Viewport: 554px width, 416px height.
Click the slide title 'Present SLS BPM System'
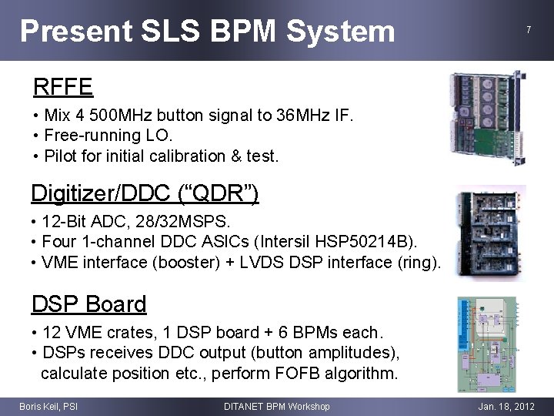207,31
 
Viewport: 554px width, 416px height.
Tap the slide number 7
528,30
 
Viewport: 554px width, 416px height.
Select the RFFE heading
62,86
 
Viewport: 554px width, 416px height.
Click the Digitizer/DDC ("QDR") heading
145,193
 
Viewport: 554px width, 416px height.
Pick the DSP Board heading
88,304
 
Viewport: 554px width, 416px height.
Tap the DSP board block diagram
490,344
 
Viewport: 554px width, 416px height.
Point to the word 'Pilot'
62,156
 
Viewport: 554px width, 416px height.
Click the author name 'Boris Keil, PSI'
48,406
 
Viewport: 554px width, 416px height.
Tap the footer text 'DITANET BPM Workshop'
276,406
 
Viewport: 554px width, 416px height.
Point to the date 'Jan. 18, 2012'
505,406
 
